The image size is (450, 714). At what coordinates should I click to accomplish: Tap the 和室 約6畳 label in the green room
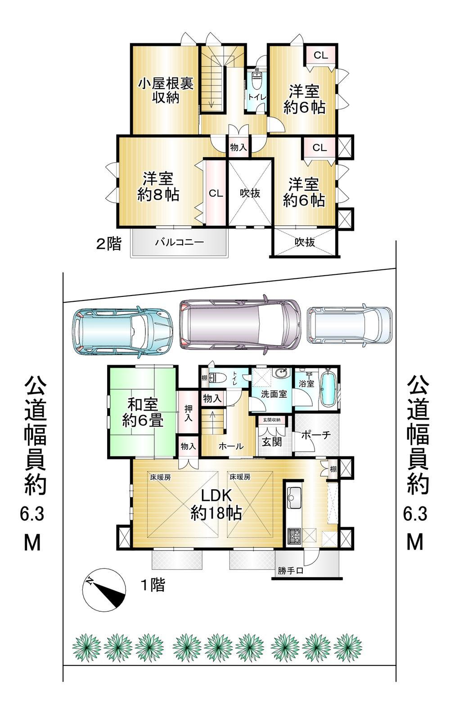click(x=143, y=413)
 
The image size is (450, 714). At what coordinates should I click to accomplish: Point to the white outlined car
click(x=350, y=325)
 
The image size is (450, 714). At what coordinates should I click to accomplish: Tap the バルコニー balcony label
click(x=179, y=242)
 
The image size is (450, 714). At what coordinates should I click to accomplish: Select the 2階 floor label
click(x=109, y=244)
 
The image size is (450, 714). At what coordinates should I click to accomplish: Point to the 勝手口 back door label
click(x=290, y=570)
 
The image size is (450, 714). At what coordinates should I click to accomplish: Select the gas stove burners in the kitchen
click(x=294, y=536)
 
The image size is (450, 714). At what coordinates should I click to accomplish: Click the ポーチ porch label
click(x=316, y=435)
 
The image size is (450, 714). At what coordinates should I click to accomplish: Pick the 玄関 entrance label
click(x=272, y=442)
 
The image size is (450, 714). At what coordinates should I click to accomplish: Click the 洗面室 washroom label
click(x=274, y=394)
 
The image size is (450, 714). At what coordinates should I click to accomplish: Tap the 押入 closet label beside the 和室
click(x=188, y=413)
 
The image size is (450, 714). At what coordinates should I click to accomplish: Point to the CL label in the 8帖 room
click(x=216, y=194)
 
